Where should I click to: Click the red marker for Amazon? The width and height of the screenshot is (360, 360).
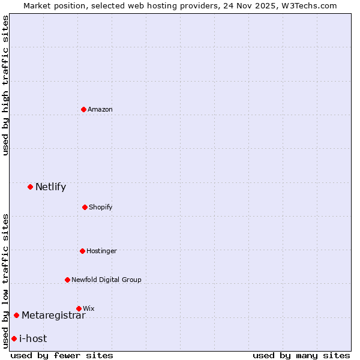pyautogui.click(x=83, y=109)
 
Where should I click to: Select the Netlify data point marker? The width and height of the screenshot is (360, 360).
pyautogui.click(x=30, y=187)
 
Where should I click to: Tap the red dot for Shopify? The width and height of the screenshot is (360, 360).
pyautogui.click(x=85, y=207)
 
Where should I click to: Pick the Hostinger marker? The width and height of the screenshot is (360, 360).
pyautogui.click(x=82, y=251)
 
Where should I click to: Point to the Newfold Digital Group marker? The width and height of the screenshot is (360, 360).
pyautogui.click(x=67, y=280)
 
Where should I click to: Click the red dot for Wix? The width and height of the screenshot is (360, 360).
pyautogui.click(x=79, y=308)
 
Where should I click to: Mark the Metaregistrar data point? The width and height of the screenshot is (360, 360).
pyautogui.click(x=16, y=315)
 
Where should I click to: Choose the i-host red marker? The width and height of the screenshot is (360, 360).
pyautogui.click(x=14, y=338)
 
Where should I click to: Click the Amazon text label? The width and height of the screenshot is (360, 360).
pyautogui.click(x=100, y=109)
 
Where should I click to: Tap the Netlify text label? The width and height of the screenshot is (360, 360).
pyautogui.click(x=50, y=187)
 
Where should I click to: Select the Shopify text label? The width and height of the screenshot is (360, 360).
pyautogui.click(x=101, y=207)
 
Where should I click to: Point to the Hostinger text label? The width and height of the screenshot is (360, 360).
pyautogui.click(x=101, y=251)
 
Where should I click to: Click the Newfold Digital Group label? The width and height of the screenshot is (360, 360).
pyautogui.click(x=107, y=280)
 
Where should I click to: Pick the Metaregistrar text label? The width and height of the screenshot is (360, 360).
pyautogui.click(x=53, y=315)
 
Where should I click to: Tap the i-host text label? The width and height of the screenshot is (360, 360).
pyautogui.click(x=33, y=338)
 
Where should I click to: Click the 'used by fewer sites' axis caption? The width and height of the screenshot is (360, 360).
pyautogui.click(x=62, y=355)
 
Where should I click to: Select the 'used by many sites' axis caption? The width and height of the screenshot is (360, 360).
pyautogui.click(x=301, y=355)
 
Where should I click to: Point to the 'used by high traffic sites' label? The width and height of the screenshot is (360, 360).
pyautogui.click(x=5, y=85)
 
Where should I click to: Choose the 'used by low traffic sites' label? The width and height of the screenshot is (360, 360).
pyautogui.click(x=5, y=280)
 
